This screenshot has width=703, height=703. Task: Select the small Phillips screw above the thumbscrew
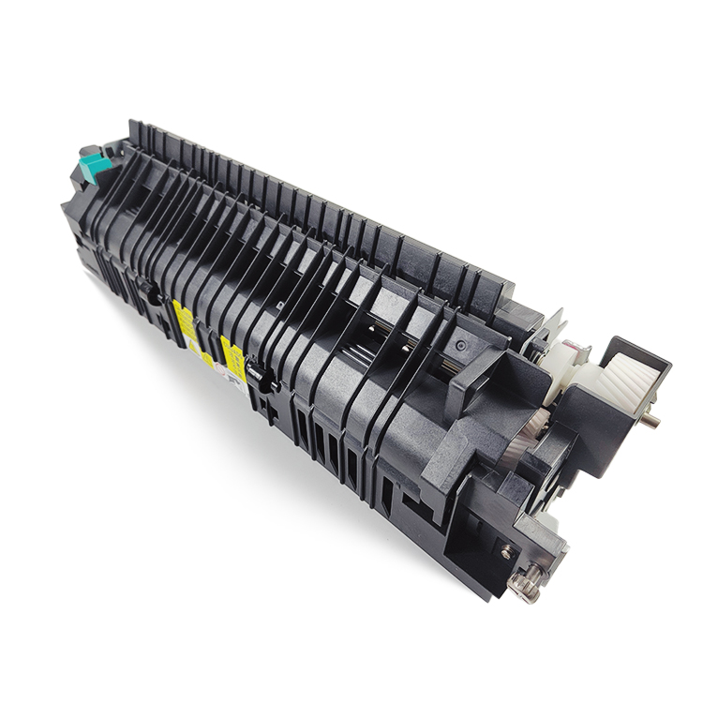(x=507, y=553)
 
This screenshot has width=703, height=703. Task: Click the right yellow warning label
(x=232, y=357)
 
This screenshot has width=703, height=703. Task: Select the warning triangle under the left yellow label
(x=192, y=345)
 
